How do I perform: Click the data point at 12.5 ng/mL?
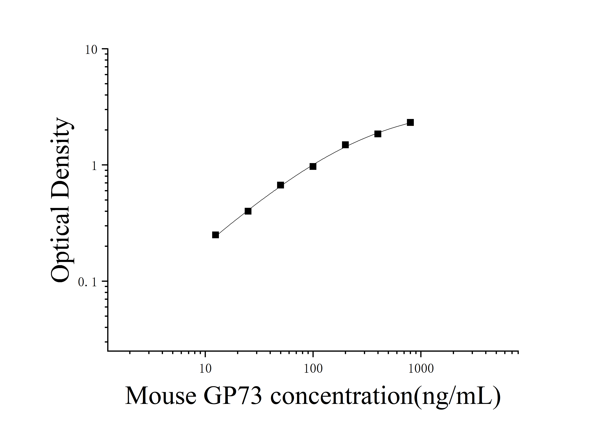click(x=215, y=235)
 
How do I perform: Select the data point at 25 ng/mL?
click(x=248, y=211)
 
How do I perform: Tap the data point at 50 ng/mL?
click(x=280, y=185)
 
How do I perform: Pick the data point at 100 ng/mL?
click(x=313, y=166)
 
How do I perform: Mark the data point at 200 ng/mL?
click(x=345, y=145)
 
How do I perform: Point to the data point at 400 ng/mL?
click(x=378, y=134)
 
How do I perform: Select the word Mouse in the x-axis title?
click(x=161, y=396)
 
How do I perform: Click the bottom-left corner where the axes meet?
click(x=108, y=351)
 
